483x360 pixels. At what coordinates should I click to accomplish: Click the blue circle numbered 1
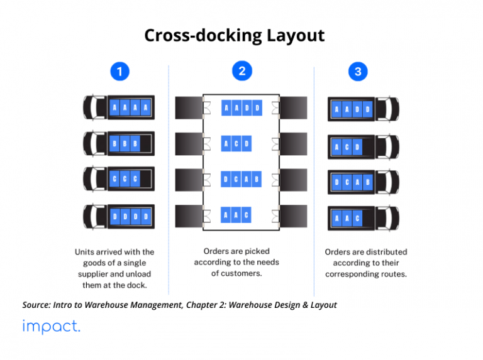(120, 72)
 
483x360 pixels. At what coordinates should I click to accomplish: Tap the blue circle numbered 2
(241, 71)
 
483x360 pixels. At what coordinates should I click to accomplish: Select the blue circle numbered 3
(358, 72)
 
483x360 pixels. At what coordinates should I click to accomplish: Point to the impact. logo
(51, 327)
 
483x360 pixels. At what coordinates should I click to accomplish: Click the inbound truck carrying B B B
(119, 144)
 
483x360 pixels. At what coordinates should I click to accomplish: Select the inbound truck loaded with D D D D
(119, 217)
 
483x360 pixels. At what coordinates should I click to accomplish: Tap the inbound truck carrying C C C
(119, 180)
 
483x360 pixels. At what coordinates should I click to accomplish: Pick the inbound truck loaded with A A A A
(119, 108)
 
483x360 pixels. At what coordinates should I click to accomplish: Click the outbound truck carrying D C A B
(363, 183)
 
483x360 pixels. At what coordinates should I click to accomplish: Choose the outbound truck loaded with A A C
(363, 219)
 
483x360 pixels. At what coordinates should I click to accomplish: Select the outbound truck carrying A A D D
(363, 110)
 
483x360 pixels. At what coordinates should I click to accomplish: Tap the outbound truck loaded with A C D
(363, 147)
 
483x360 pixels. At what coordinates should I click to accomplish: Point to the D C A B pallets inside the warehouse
(241, 180)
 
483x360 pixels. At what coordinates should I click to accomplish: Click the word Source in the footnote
(38, 305)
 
